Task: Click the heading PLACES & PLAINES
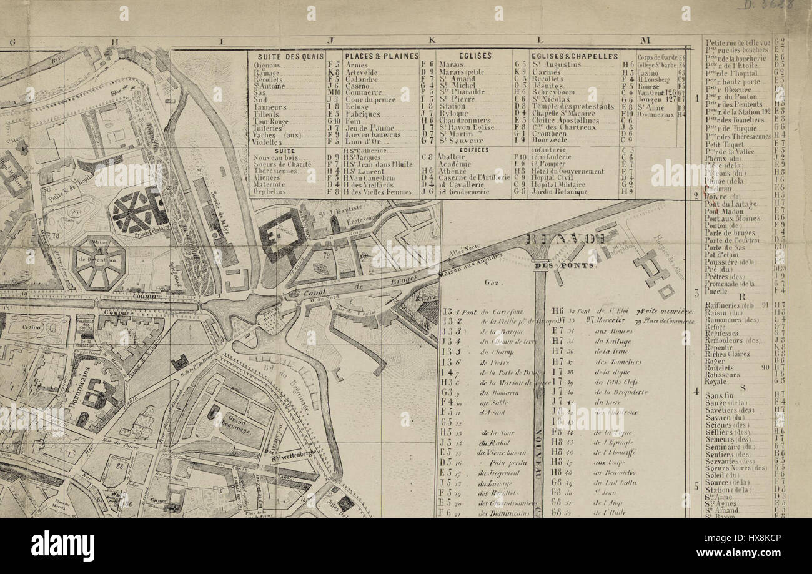(381, 56)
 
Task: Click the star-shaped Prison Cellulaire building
(138, 209)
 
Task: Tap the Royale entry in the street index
(715, 381)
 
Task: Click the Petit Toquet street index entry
(722, 143)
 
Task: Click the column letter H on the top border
(115, 41)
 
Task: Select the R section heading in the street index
(741, 297)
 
